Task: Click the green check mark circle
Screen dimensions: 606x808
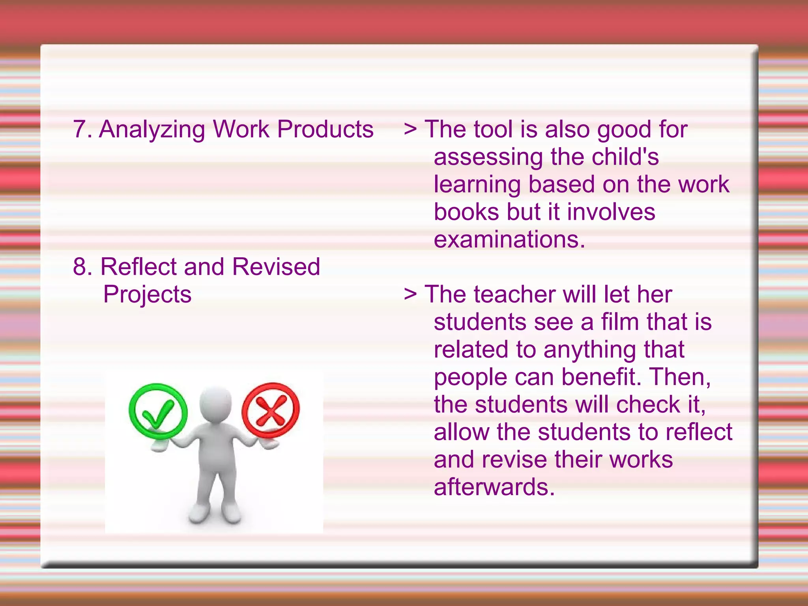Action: [158, 411]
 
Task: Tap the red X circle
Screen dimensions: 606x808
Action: [271, 410]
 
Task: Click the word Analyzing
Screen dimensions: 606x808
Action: [152, 130]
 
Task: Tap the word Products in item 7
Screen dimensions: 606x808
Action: [325, 129]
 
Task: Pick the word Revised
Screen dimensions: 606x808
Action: [276, 267]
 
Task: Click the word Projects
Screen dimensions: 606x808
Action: [147, 295]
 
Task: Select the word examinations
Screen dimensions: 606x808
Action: [509, 239]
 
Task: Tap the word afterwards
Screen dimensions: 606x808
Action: [494, 487]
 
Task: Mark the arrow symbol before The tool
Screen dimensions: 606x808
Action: [410, 130]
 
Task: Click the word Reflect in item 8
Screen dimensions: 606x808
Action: [138, 267]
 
